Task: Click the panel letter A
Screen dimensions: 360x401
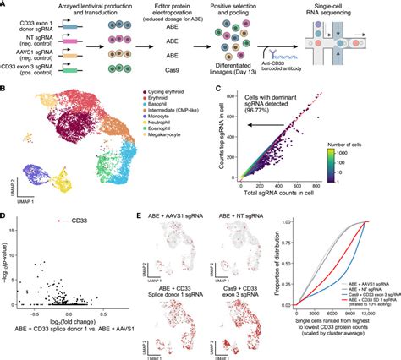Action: tap(5, 5)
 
